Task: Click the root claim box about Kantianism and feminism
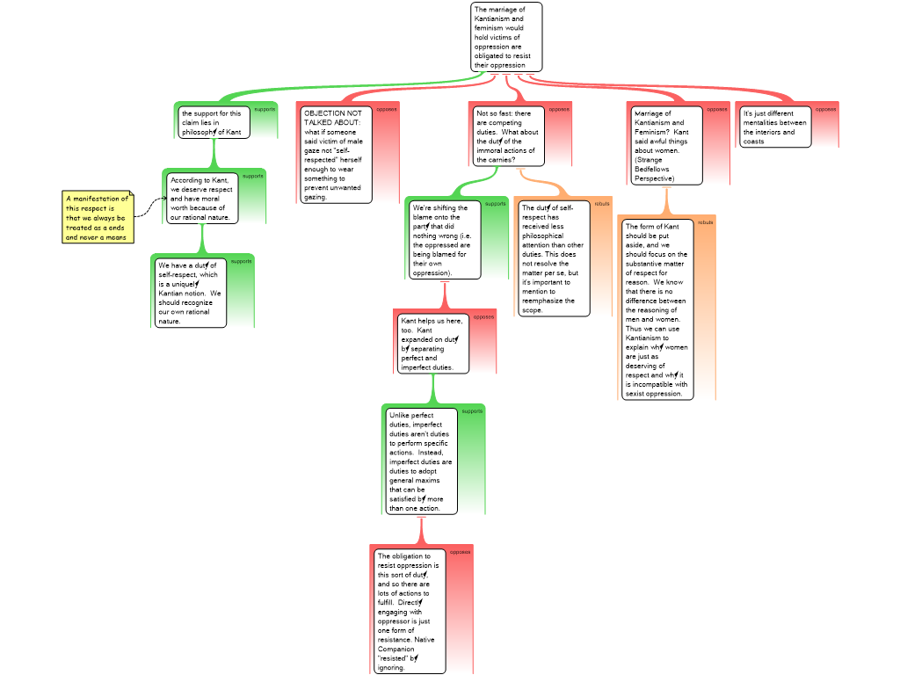click(x=506, y=37)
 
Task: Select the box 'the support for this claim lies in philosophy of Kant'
click(x=214, y=122)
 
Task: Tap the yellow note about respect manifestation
click(x=98, y=217)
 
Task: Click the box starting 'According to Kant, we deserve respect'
click(x=202, y=198)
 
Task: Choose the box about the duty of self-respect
click(x=190, y=293)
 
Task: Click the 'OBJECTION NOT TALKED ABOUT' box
click(x=336, y=155)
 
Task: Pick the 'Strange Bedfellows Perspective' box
click(x=666, y=146)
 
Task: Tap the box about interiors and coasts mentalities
click(x=775, y=127)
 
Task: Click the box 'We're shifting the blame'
click(x=445, y=240)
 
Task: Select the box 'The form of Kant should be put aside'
click(x=657, y=309)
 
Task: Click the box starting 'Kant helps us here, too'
click(x=431, y=344)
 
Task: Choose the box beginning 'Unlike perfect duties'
click(x=422, y=461)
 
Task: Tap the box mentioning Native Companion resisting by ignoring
click(x=409, y=611)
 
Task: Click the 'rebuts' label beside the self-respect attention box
click(x=602, y=204)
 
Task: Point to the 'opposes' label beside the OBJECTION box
click(x=387, y=109)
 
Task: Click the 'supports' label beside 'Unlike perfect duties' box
click(x=473, y=411)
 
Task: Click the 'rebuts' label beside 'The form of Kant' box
click(x=706, y=222)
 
